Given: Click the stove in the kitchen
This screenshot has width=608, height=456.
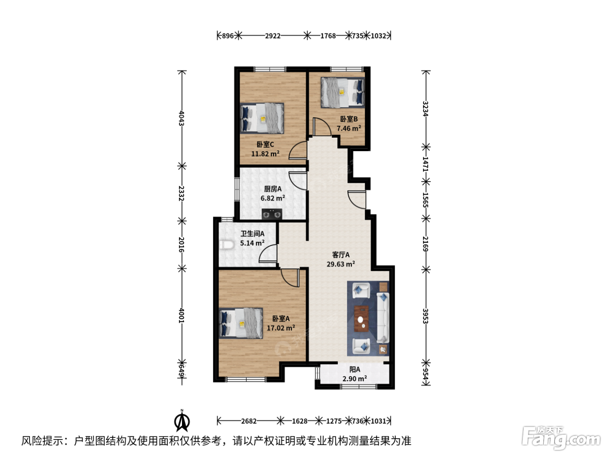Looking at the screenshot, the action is (272, 214).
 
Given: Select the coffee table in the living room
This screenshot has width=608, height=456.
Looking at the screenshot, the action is (361, 318).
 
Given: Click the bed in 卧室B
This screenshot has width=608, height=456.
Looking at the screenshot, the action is (342, 92).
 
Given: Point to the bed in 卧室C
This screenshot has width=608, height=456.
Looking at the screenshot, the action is (262, 119).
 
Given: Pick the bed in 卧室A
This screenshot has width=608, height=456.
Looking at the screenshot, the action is (241, 323).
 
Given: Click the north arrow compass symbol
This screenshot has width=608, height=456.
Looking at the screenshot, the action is (182, 421).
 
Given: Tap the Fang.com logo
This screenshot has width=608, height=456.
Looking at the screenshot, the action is (562, 439).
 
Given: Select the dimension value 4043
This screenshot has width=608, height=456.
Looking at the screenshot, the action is (182, 118).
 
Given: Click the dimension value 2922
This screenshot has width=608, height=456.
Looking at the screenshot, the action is (273, 36).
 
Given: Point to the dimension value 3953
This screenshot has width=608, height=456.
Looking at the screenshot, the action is (426, 316).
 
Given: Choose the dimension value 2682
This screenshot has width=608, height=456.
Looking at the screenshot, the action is (249, 421).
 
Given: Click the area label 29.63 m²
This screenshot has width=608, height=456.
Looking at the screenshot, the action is (341, 264).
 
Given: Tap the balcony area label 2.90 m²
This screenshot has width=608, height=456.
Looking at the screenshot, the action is (354, 378).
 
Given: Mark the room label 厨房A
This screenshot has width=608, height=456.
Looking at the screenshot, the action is (273, 189).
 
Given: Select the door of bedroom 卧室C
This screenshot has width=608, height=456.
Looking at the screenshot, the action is (298, 150).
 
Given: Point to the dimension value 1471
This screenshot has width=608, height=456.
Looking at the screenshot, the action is (426, 164).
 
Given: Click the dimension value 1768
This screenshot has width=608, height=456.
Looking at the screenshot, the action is (328, 36).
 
